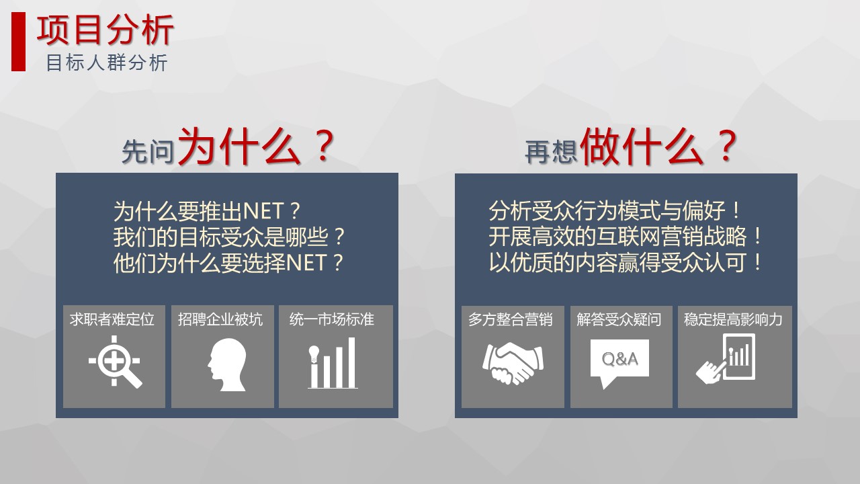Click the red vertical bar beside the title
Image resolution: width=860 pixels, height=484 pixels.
click(18, 42)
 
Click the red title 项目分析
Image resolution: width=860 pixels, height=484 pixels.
click(105, 30)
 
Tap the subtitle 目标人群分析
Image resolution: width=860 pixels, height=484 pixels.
click(107, 63)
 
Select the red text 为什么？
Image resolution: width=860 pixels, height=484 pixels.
click(256, 147)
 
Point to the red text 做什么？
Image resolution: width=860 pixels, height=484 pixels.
click(658, 147)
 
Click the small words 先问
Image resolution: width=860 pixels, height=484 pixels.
click(148, 152)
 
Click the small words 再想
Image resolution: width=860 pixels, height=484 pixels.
click(551, 152)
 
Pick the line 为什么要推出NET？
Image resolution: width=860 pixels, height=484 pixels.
click(206, 211)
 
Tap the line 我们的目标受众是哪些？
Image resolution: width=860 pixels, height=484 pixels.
click(229, 237)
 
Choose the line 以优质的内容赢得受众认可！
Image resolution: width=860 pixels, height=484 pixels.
click(626, 263)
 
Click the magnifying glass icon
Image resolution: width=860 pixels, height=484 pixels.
click(115, 361)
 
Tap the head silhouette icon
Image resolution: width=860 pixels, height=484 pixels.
click(227, 365)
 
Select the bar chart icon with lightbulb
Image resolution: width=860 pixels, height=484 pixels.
click(333, 363)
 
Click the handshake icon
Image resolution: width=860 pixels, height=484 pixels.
click(513, 363)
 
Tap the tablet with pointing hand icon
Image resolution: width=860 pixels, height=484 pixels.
click(726, 359)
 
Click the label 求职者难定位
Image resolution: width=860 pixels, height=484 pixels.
click(112, 319)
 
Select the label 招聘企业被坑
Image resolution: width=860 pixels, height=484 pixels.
click(220, 319)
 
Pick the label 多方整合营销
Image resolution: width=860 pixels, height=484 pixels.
click(510, 319)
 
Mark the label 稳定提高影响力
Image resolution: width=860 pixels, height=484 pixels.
click(733, 319)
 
